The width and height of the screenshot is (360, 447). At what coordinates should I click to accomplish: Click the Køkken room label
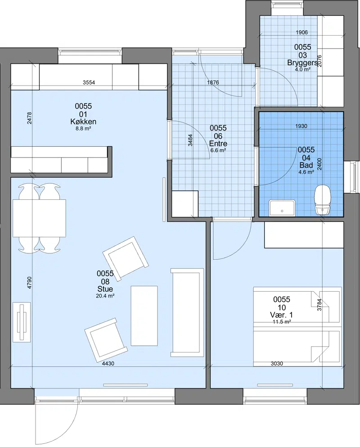(83, 122)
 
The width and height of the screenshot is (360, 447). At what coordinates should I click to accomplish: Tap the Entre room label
(218, 144)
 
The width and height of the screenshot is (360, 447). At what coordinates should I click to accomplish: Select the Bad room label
(306, 165)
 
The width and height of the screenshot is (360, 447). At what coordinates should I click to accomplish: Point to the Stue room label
(105, 289)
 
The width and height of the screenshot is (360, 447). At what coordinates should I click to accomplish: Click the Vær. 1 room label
(281, 315)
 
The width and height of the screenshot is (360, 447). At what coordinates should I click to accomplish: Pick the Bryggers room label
(302, 63)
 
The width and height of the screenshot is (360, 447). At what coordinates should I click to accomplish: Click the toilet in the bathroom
(322, 199)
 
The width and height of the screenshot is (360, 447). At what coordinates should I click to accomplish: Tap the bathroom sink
(282, 208)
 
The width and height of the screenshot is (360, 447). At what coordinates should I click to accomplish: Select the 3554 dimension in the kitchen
(89, 83)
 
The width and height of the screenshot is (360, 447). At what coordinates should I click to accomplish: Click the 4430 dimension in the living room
(108, 364)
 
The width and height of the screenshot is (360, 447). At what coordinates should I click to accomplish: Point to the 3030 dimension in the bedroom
(277, 363)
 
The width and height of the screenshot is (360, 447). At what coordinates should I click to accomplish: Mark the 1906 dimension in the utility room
(301, 32)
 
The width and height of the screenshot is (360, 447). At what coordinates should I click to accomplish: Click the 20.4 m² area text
(105, 296)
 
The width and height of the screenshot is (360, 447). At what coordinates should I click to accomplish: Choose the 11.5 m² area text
(282, 322)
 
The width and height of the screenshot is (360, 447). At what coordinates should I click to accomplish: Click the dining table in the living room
(39, 218)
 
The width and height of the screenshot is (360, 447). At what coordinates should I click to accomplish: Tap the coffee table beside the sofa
(144, 316)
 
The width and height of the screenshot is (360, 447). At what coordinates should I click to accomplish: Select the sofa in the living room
(187, 312)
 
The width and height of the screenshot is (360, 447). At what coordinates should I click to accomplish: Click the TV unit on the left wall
(22, 322)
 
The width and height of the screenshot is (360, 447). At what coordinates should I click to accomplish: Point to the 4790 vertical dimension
(29, 283)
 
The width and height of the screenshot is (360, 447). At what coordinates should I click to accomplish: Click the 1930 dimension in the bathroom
(301, 126)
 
